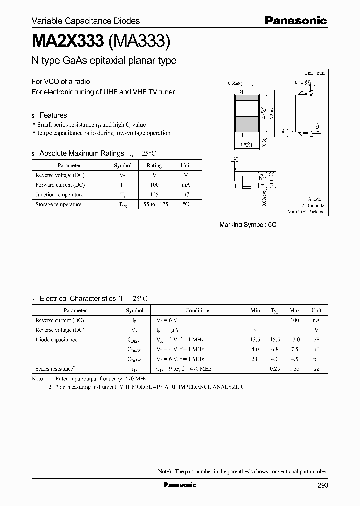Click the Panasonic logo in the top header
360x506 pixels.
pyautogui.click(x=295, y=20)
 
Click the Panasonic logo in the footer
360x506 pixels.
pyautogui.click(x=180, y=485)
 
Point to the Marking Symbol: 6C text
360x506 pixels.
pyautogui.click(x=248, y=225)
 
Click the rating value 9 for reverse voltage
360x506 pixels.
pyautogui.click(x=154, y=175)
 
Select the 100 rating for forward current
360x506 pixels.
pyautogui.click(x=154, y=185)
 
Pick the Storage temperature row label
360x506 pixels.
pyautogui.click(x=58, y=204)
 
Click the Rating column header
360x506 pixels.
pyautogui.click(x=154, y=165)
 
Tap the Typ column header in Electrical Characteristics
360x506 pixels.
pyautogui.click(x=275, y=310)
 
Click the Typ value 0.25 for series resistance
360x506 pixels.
pyautogui.click(x=275, y=369)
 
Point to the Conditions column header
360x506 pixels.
pyautogui.click(x=198, y=310)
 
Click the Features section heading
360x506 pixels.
pyautogui.click(x=53, y=115)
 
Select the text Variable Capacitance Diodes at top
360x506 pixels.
pyautogui.click(x=86, y=21)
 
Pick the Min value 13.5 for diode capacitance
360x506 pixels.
pyautogui.click(x=255, y=340)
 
